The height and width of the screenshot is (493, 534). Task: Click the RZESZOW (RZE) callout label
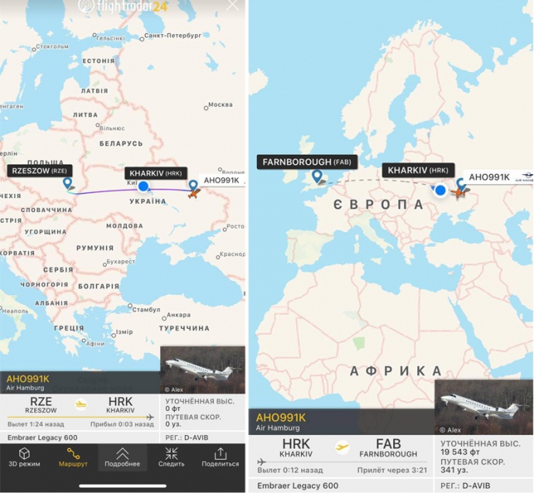pyautogui.click(x=39, y=170)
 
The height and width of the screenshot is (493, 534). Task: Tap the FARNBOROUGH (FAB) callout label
pyautogui.click(x=307, y=162)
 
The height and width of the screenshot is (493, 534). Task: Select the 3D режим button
pyautogui.click(x=23, y=457)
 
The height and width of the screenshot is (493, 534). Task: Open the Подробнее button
pyautogui.click(x=122, y=457)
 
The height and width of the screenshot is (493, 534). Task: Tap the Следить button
pyautogui.click(x=171, y=457)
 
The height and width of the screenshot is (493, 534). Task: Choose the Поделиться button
pyautogui.click(x=220, y=457)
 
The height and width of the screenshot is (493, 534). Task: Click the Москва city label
pyautogui.click(x=220, y=104)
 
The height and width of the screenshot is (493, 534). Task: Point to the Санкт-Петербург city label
pyautogui.click(x=173, y=36)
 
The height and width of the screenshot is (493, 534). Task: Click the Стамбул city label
pyautogui.click(x=145, y=310)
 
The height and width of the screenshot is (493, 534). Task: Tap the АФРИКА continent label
pyautogui.click(x=395, y=371)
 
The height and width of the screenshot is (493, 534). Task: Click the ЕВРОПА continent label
pyautogui.click(x=378, y=204)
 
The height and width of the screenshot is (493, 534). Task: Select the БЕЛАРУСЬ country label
pyautogui.click(x=120, y=143)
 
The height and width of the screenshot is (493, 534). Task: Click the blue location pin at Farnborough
pyautogui.click(x=317, y=177)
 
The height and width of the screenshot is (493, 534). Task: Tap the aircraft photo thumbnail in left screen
pyautogui.click(x=203, y=370)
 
